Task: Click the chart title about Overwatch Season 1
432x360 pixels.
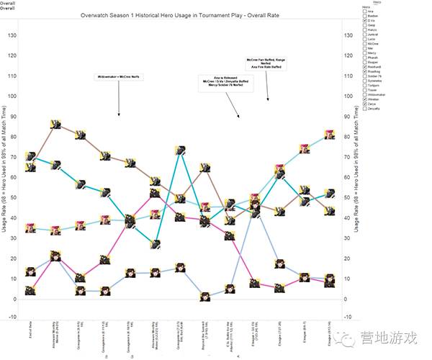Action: [x=194, y=14]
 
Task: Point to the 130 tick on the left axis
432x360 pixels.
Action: [x=11, y=35]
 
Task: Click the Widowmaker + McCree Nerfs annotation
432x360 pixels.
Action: [x=118, y=77]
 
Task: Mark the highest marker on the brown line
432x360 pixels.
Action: [x=55, y=125]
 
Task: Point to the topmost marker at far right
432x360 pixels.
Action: [x=330, y=133]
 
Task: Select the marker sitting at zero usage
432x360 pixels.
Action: [x=204, y=297]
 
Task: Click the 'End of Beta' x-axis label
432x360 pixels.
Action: [x=30, y=333]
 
